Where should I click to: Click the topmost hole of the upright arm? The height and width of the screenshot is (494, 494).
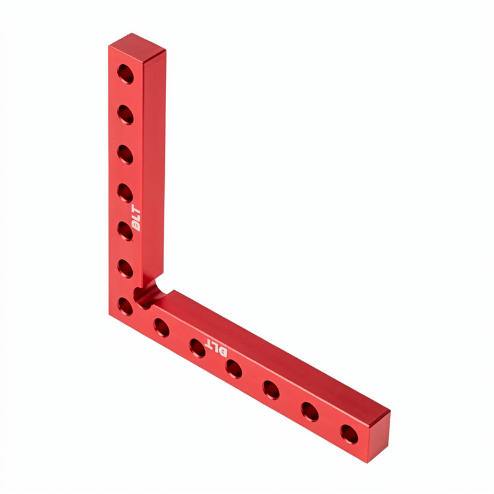[125, 74]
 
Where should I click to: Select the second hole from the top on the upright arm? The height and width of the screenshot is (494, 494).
[125, 115]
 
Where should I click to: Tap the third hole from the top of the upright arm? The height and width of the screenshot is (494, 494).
[125, 154]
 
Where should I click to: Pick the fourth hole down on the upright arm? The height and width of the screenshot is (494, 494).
[125, 193]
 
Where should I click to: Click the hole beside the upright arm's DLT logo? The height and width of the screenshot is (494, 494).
[125, 231]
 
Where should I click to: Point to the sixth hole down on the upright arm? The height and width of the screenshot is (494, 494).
[125, 269]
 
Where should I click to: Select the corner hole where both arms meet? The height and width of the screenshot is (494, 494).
[125, 306]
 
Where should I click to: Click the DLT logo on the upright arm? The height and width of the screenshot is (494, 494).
[136, 219]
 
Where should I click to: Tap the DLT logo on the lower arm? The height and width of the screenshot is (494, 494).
[216, 348]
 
